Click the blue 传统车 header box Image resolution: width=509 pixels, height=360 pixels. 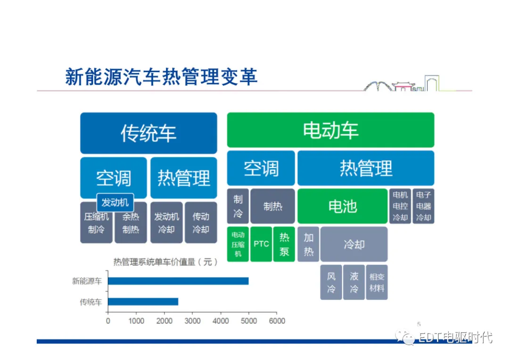pyautogui.click(x=148, y=133)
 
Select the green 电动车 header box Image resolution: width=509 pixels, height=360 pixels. pyautogui.click(x=330, y=130)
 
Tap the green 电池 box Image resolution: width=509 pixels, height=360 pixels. pyautogui.click(x=342, y=206)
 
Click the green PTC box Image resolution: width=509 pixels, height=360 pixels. pyautogui.click(x=261, y=244)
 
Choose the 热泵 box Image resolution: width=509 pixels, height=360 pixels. pyautogui.click(x=284, y=244)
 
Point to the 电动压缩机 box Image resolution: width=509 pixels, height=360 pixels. pyautogui.click(x=238, y=244)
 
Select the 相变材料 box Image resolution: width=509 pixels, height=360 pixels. pyautogui.click(x=377, y=282)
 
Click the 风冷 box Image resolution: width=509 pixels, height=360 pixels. pyautogui.click(x=331, y=282)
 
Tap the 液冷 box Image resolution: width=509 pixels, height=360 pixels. pyautogui.click(x=353, y=282)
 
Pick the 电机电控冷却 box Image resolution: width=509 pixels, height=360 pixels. pyautogui.click(x=400, y=206)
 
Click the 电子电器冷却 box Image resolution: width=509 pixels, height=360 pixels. pyautogui.click(x=423, y=206)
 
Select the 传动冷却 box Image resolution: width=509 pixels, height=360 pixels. pyautogui.click(x=201, y=223)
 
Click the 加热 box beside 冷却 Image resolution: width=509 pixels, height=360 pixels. pyautogui.click(x=308, y=244)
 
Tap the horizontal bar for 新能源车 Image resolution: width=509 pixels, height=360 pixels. pyautogui.click(x=178, y=281)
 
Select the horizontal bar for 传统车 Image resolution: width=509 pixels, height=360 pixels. pyautogui.click(x=143, y=302)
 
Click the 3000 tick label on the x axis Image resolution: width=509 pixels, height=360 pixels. pyautogui.click(x=192, y=321)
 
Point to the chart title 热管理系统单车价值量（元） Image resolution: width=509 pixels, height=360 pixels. pyautogui.click(x=165, y=262)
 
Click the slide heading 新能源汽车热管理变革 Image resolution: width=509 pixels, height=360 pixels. pyautogui.click(x=161, y=77)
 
